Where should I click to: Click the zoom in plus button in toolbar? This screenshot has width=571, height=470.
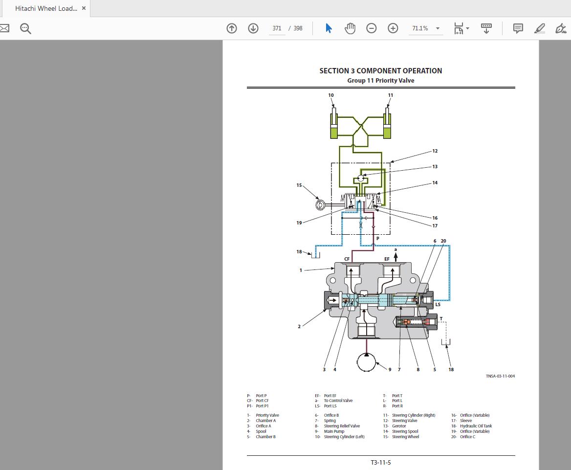393,28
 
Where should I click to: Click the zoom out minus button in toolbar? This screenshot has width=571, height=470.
372,28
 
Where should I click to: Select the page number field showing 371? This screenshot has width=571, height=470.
277,28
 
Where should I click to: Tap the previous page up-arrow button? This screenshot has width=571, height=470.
232,28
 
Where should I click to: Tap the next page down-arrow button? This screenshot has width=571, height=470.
253,28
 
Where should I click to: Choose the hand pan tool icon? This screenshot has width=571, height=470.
350,28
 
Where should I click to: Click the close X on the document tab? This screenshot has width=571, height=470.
84,8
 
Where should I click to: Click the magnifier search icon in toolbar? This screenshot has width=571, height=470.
25,28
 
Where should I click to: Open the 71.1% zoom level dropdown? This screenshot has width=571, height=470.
425,28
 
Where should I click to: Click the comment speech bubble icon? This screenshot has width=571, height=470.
518,28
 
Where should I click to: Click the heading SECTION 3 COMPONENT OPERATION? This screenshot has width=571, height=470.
380,71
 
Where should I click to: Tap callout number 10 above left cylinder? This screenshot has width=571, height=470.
331,95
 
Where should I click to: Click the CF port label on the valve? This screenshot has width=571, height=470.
347,259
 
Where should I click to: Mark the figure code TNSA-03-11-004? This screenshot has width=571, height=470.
500,376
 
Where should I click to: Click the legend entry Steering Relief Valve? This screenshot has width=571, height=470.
342,426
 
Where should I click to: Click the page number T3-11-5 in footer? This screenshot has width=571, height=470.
381,462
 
